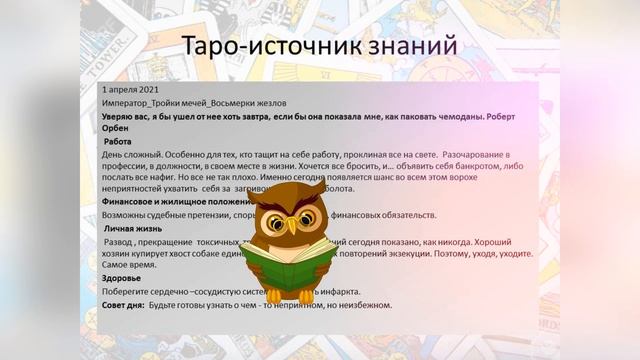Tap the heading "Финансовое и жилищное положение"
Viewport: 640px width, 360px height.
(174, 201)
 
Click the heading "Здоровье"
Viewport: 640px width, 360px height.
(122, 277)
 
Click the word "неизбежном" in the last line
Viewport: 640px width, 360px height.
(362, 304)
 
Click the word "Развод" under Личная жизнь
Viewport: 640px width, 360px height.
(122, 242)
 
